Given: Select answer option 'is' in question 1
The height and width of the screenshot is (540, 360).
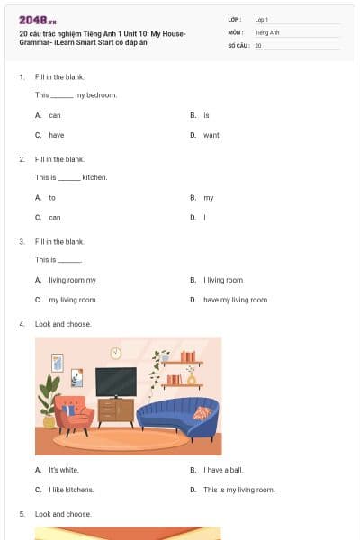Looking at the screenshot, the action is coord(206,115).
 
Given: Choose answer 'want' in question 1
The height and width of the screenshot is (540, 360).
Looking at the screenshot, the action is coord(211,135).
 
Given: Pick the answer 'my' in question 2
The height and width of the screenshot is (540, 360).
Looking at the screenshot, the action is coord(208,197).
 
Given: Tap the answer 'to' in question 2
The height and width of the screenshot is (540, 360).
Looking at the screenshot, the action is coord(52,197).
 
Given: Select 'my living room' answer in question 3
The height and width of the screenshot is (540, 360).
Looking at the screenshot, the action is coord(72,300).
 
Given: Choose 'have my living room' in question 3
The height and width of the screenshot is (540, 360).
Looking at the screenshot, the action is coord(235,300).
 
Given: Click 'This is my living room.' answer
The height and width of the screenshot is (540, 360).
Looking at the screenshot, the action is coord(238,490).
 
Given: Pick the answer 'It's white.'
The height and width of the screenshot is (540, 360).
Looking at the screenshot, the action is coord(64,470).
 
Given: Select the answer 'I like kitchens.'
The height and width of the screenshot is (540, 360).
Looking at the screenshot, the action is coord(71,490).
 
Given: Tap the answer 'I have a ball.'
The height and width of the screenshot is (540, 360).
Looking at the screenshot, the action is coord(223,470).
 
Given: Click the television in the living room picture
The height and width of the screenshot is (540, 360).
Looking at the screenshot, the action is coord(116,381).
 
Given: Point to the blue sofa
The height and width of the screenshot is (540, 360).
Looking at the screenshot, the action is coord(177,417).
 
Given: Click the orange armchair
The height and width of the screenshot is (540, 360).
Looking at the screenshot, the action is coord(75,413).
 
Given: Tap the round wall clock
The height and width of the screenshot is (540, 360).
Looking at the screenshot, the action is coord(116,353).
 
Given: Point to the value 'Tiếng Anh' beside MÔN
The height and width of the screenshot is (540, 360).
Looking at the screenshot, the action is coord(267,31).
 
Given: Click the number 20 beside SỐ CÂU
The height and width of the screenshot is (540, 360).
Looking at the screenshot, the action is coord(258,45).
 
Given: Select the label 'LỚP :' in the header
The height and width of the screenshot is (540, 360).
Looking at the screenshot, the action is coord(235,19).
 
